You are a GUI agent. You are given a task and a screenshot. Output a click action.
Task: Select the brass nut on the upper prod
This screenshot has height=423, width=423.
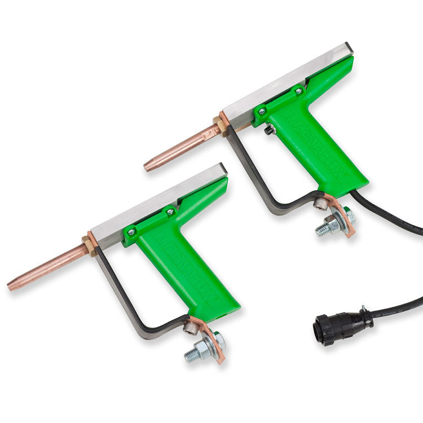pos(219,126)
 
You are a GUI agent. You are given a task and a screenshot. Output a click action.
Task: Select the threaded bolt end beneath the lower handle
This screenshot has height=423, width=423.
pos(192,355)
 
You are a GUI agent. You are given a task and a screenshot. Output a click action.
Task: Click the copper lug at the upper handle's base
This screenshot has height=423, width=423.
pos(345,217)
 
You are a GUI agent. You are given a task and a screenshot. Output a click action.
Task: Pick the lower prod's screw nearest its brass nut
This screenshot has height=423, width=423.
pos(131,231)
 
